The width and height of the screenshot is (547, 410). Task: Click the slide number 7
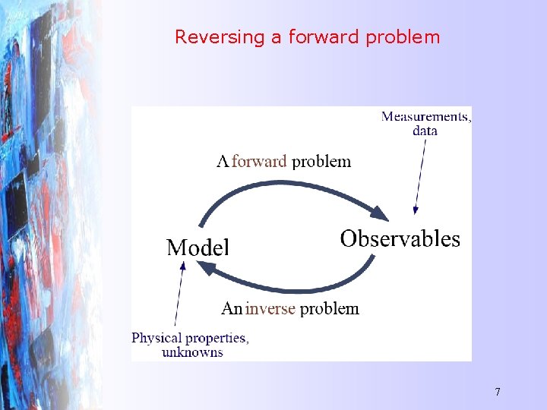click(x=498, y=392)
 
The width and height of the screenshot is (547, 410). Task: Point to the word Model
click(x=198, y=247)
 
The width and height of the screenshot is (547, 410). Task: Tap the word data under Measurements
click(x=425, y=131)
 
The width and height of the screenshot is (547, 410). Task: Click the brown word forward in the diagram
click(x=259, y=161)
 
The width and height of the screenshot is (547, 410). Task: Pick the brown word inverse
click(x=270, y=308)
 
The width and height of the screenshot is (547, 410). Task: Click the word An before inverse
click(x=232, y=308)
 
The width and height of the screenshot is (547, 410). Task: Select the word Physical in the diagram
click(x=157, y=338)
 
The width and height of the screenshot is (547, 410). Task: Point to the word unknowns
click(x=192, y=352)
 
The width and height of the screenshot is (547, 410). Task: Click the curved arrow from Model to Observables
click(x=289, y=184)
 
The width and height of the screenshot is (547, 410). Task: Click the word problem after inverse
click(x=330, y=308)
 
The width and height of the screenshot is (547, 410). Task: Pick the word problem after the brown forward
click(x=321, y=161)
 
